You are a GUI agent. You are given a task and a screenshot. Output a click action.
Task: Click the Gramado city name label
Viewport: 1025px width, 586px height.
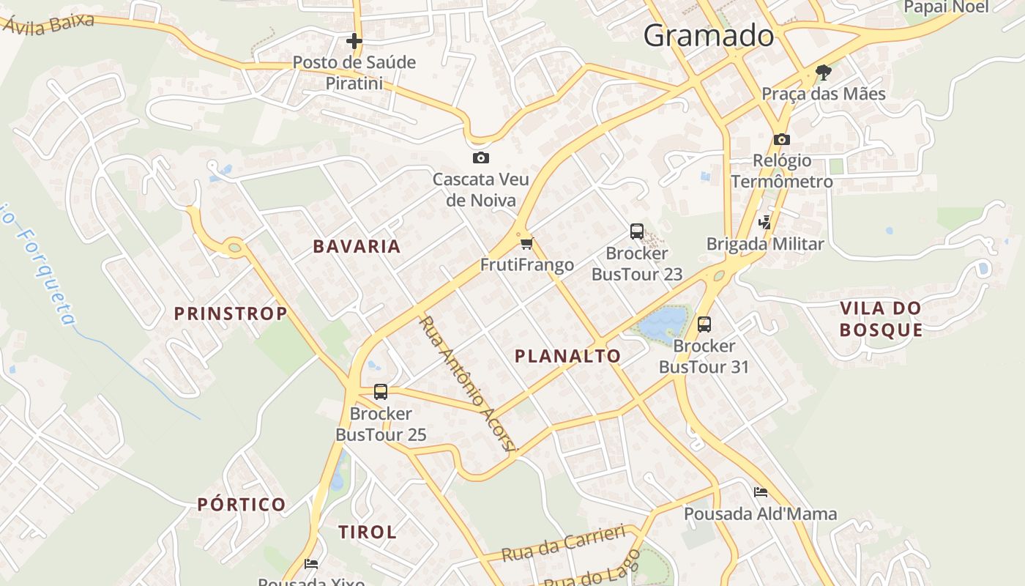pyautogui.click(x=708, y=35)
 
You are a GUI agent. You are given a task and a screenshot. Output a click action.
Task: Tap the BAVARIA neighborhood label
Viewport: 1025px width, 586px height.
pyautogui.click(x=357, y=247)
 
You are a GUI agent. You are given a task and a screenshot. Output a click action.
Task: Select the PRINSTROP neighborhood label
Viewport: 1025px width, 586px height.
pyautogui.click(x=231, y=314)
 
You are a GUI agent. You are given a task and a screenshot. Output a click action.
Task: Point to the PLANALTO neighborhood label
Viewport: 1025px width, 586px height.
pyautogui.click(x=567, y=357)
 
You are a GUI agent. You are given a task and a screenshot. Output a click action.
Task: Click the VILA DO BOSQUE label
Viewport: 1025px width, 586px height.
pyautogui.click(x=881, y=319)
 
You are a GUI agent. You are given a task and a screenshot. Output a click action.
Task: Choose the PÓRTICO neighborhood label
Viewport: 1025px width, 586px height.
pyautogui.click(x=242, y=505)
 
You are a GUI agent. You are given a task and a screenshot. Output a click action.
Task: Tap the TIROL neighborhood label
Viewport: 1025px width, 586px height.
pyautogui.click(x=368, y=533)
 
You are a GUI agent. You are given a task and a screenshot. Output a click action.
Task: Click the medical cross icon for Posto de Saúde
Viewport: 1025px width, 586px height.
pyautogui.click(x=354, y=41)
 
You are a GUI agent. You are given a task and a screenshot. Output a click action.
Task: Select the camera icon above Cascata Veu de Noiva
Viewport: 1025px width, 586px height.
pyautogui.click(x=480, y=157)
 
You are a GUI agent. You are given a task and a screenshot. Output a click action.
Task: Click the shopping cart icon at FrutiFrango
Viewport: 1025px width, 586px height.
pyautogui.click(x=526, y=243)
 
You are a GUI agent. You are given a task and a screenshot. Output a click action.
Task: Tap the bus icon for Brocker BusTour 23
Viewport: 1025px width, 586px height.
pyautogui.click(x=637, y=231)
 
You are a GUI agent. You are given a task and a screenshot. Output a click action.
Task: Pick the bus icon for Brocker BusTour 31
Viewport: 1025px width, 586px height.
pyautogui.click(x=704, y=324)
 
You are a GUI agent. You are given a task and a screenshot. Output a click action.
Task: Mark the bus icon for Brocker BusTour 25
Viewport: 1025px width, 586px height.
pyautogui.click(x=380, y=392)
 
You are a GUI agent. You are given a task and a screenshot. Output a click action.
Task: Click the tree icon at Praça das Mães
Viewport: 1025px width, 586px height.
pyautogui.click(x=824, y=72)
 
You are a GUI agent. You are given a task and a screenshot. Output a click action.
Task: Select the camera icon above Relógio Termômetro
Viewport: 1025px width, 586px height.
pyautogui.click(x=781, y=139)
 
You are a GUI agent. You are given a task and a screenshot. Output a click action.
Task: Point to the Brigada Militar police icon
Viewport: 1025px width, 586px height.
pyautogui.click(x=765, y=222)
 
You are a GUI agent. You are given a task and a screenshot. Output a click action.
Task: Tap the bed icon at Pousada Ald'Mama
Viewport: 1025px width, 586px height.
pyautogui.click(x=761, y=492)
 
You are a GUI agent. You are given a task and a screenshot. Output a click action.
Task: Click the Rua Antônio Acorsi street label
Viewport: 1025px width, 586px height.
pyautogui.click(x=468, y=385)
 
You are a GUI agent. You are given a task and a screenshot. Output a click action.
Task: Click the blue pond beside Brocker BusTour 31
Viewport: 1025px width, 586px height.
pyautogui.click(x=663, y=322)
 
